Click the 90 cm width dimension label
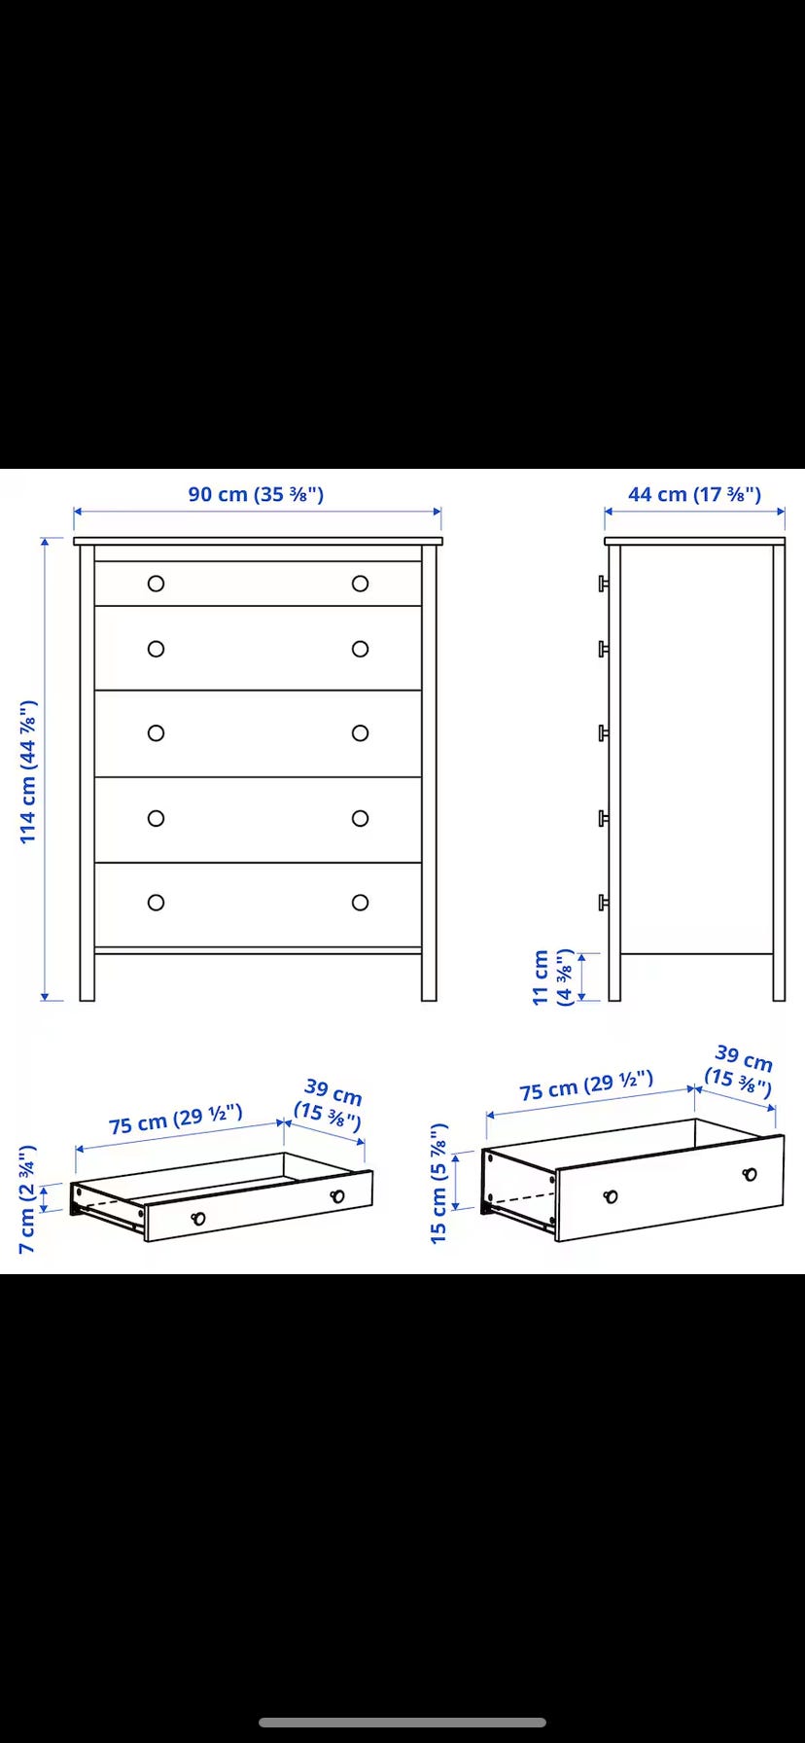tap(256, 494)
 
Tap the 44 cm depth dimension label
tap(694, 494)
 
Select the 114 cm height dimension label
tap(28, 771)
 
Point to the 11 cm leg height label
tap(554, 978)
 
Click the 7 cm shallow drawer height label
tap(28, 1199)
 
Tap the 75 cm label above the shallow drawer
tap(175, 1120)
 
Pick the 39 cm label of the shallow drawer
tap(331, 1104)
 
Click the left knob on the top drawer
tap(156, 584)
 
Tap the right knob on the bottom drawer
tap(361, 903)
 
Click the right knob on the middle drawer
tap(361, 733)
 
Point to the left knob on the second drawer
tap(156, 649)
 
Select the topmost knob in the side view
tap(603, 584)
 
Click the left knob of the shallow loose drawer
tap(198, 1219)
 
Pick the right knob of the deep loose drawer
tap(750, 1174)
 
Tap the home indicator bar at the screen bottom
tap(402, 1723)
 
